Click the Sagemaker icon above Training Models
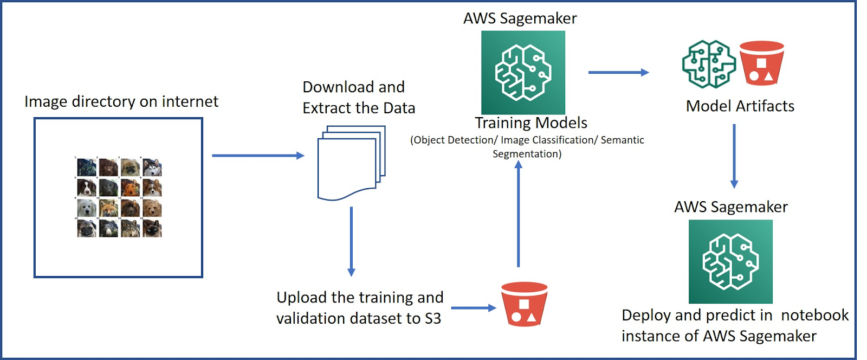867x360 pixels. (x=523, y=72)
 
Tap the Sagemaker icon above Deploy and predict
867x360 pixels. (x=730, y=261)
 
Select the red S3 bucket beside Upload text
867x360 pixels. (x=524, y=304)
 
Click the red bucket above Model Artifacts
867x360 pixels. (x=761, y=63)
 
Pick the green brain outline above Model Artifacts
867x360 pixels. (x=708, y=64)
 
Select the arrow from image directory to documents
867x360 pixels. (x=258, y=156)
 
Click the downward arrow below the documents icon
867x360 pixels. (x=351, y=241)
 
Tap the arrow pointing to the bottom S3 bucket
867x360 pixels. (x=473, y=308)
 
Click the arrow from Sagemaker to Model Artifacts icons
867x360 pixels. (x=618, y=72)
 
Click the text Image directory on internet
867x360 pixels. (x=121, y=101)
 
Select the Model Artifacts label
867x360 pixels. (x=740, y=106)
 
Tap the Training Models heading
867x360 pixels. (x=531, y=123)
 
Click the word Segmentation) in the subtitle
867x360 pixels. (x=527, y=154)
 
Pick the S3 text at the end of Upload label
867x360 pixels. (x=432, y=318)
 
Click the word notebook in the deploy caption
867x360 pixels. (x=814, y=315)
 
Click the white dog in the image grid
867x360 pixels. (x=87, y=208)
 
